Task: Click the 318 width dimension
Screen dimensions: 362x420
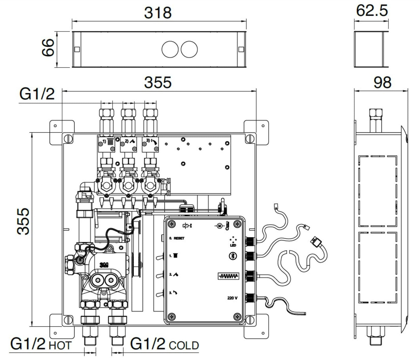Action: click(158, 13)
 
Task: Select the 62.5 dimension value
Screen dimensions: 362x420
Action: click(372, 11)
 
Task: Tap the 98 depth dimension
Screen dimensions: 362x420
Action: click(382, 82)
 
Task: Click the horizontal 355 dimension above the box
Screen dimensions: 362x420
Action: click(158, 82)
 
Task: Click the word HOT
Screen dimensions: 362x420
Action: click(60, 345)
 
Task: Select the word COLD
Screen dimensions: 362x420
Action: click(184, 345)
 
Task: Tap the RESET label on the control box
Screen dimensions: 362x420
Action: click(179, 238)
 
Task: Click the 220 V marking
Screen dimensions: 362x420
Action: click(233, 298)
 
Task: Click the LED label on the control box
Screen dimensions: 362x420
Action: click(233, 245)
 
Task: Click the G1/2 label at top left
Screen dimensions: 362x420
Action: click(37, 94)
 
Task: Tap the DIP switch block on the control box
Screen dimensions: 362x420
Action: click(228, 276)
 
